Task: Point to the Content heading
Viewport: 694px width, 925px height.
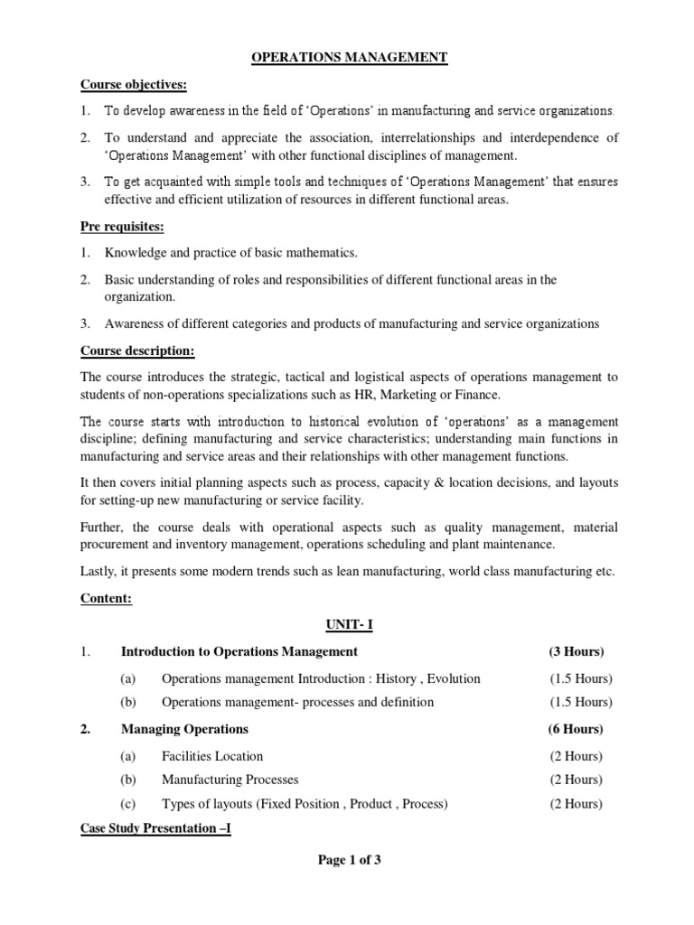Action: point(106,598)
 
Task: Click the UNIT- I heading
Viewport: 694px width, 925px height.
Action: point(348,624)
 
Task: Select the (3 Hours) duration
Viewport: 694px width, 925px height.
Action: point(577,651)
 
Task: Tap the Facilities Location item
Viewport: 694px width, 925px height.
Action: point(212,756)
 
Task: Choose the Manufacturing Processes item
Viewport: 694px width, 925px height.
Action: point(230,780)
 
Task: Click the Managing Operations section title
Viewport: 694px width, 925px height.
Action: point(184,729)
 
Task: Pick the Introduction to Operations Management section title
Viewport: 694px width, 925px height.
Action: point(239,651)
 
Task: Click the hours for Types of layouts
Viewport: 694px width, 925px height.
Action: point(577,803)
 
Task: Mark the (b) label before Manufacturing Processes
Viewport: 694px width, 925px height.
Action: point(127,780)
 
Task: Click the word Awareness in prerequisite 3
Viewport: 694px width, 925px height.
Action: point(136,323)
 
